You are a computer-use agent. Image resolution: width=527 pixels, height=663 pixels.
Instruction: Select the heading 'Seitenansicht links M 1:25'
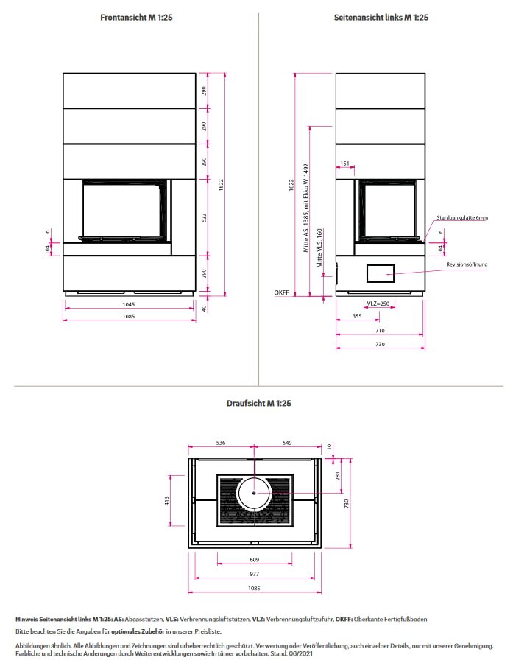pos(381,18)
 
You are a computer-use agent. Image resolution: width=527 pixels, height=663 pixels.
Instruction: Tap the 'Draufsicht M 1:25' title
pos(258,404)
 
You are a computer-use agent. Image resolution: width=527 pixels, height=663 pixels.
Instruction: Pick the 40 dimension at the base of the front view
pos(204,308)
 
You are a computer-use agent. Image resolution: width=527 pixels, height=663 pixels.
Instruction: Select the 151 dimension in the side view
pos(344,164)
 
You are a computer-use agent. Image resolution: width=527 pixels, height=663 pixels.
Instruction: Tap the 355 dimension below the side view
pos(357,317)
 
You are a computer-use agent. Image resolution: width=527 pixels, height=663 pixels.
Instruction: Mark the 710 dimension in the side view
pos(381,331)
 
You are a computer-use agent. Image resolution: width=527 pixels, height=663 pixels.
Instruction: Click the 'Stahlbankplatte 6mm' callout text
pos(462,218)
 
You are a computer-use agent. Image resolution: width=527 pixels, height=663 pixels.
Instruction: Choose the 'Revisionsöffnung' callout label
pos(467,264)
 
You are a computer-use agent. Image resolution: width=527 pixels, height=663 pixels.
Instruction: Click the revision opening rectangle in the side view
pos(381,273)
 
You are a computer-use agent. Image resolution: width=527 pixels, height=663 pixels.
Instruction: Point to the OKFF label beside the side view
pos(281,292)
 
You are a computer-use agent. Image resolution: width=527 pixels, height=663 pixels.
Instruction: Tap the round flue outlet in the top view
pos(255,493)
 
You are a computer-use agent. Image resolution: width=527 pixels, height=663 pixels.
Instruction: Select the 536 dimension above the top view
pos(220,443)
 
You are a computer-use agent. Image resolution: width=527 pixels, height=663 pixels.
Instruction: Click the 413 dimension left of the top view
pos(167,500)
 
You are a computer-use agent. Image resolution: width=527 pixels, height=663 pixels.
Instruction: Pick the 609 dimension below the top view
pos(255,560)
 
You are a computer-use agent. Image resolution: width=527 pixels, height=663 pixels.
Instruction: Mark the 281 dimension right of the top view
pos(338,477)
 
